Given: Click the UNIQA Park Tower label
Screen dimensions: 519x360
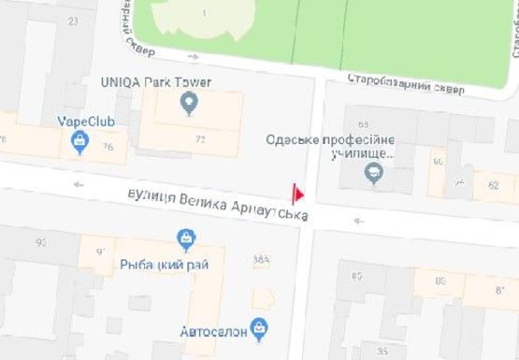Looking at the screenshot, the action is [x=155, y=82].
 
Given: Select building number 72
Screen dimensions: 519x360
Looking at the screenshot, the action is [x=200, y=139].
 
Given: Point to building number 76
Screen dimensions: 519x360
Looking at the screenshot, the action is [x=108, y=147].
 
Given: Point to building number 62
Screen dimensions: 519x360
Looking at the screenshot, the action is [x=494, y=186].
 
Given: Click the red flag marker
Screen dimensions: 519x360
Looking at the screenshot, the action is [x=299, y=194].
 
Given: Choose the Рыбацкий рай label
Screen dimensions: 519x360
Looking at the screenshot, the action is [x=165, y=265].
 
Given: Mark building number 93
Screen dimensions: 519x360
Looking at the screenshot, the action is [x=41, y=242].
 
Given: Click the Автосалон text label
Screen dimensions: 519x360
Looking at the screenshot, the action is [x=214, y=330].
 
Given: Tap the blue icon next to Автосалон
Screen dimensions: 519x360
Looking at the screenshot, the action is [x=260, y=327].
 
